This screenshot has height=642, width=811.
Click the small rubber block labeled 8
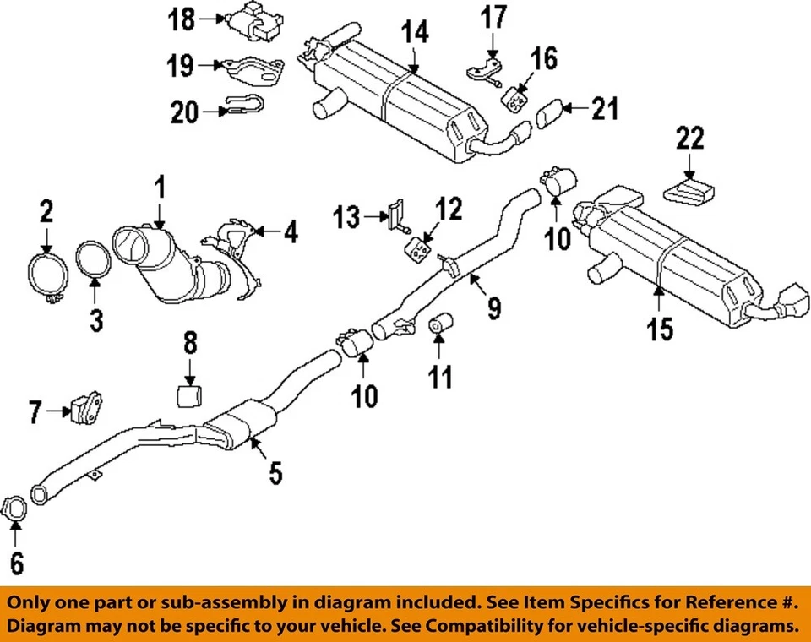[191, 394]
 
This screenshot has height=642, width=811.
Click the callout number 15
[661, 328]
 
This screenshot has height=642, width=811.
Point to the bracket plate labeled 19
[252, 69]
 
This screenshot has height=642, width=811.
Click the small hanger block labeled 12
[416, 250]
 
